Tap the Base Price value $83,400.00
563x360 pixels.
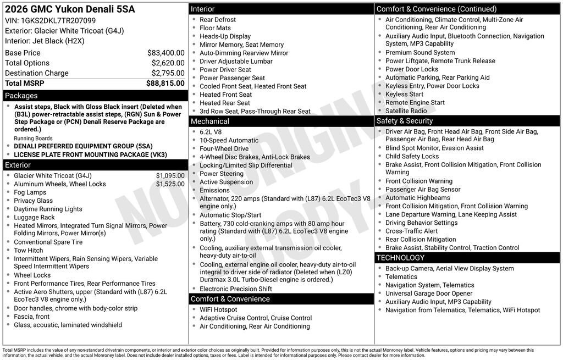pyautogui.click(x=165, y=53)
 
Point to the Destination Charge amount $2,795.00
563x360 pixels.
pyautogui.click(x=168, y=73)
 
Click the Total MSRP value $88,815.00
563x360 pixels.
pyautogui.click(x=165, y=83)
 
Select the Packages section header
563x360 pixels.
pyautogui.click(x=21, y=96)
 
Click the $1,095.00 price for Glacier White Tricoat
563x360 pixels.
pyautogui.click(x=170, y=176)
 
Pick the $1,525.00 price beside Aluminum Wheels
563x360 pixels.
pyautogui.click(x=170, y=184)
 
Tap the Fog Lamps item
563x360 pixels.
pyautogui.click(x=30, y=192)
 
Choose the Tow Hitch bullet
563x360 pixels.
pyautogui.click(x=29, y=250)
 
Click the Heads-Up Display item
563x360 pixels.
pyautogui.click(x=225, y=36)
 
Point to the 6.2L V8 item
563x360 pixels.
pyautogui.click(x=211, y=132)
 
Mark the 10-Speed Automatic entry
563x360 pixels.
pyautogui.click(x=229, y=140)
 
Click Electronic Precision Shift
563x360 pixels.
pyautogui.click(x=235, y=289)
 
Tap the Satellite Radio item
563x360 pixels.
pyautogui.click(x=406, y=110)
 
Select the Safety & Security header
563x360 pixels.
pyautogui.click(x=405, y=121)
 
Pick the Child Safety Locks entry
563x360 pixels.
pyautogui.click(x=412, y=156)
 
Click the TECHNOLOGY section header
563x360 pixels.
pyautogui.click(x=400, y=258)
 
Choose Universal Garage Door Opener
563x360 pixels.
pyautogui.click(x=429, y=293)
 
